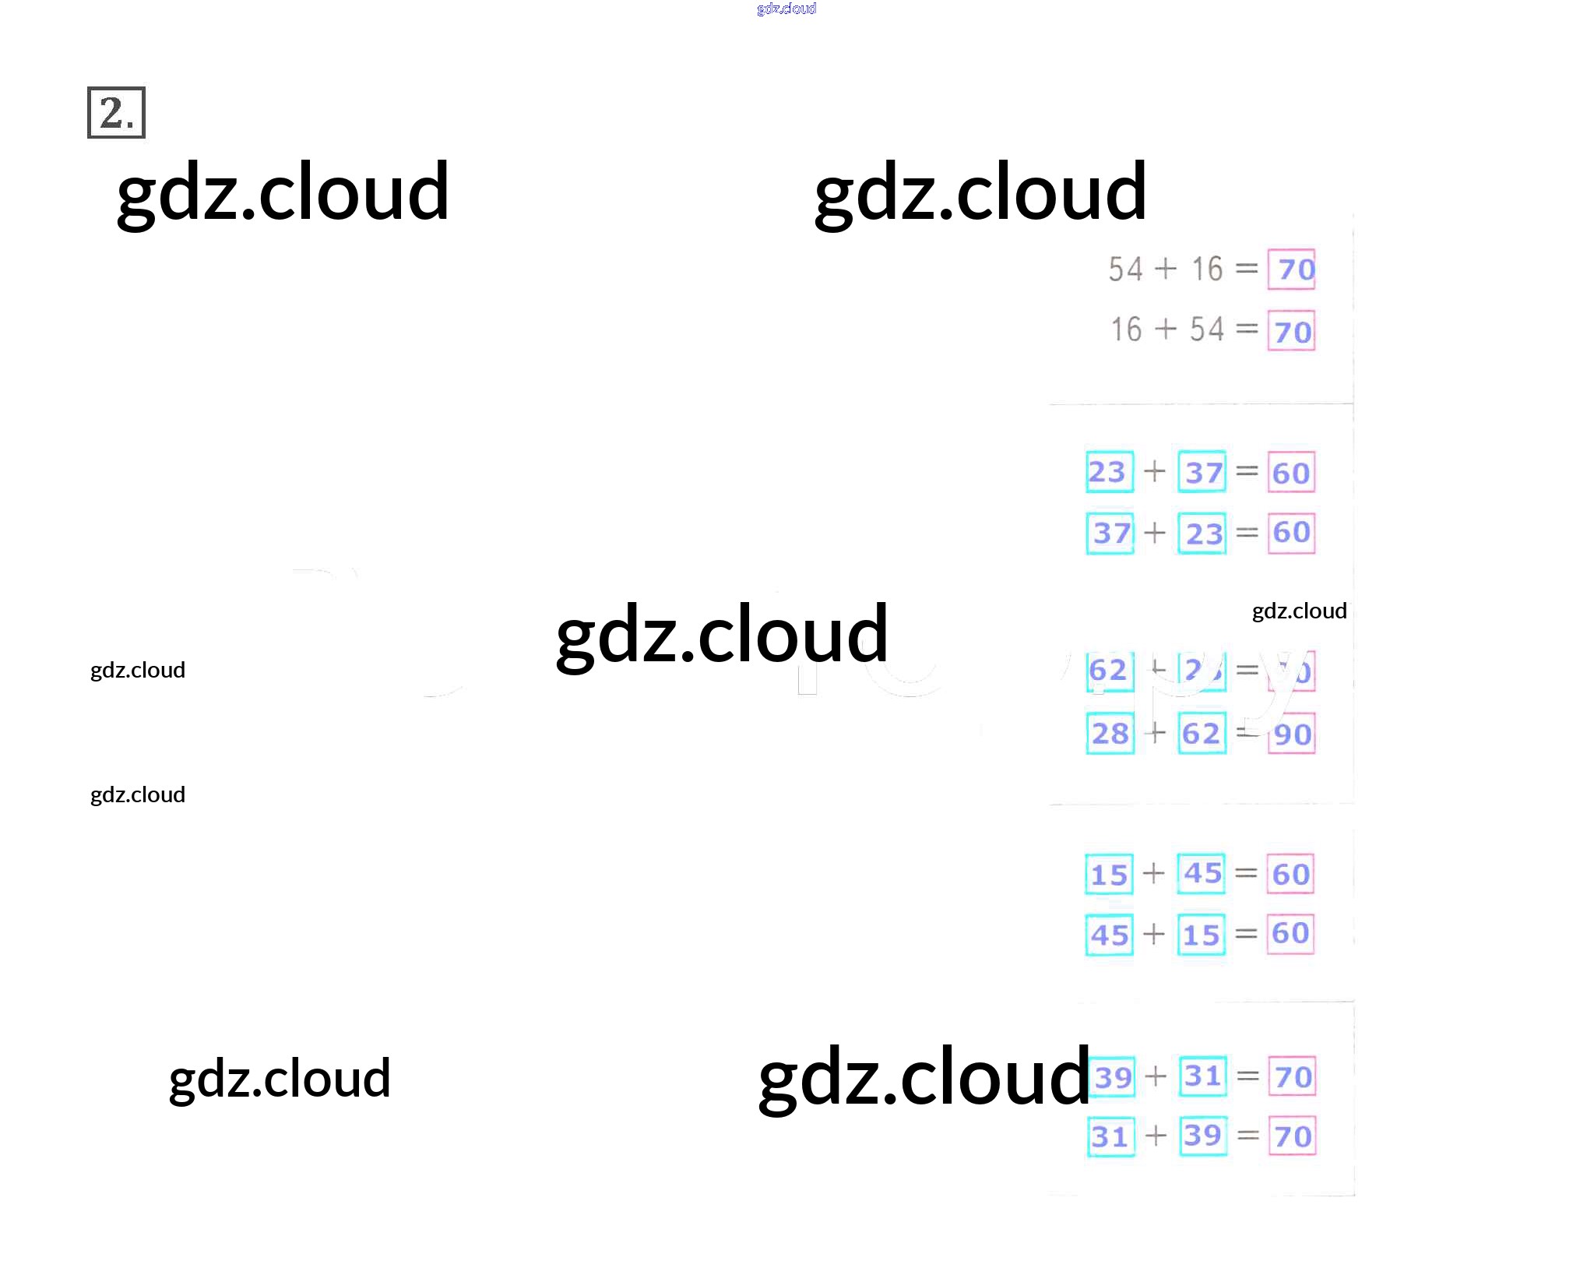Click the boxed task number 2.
[116, 113]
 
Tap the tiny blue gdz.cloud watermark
[786, 9]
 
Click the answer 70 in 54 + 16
[1291, 269]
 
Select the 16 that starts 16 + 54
[1126, 329]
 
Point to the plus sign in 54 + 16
[1165, 268]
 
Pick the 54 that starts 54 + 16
[1125, 269]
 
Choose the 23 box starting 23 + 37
[1109, 471]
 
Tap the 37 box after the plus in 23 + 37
[1202, 471]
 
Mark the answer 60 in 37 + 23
[1291, 533]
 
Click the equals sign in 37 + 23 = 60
[1247, 533]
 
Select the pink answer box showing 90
[1292, 734]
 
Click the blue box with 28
[1110, 733]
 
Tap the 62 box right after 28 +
[1202, 733]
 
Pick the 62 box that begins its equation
[1109, 670]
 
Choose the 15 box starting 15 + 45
[1109, 874]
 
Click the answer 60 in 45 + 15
[1290, 934]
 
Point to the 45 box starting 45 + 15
[1110, 935]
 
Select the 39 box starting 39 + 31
[1112, 1076]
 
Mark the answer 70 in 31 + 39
[1293, 1136]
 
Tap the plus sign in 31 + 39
[1156, 1136]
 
